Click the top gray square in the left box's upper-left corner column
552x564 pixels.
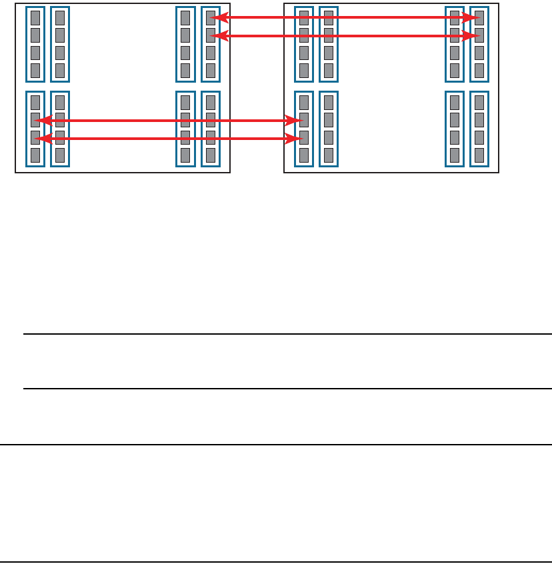point(35,18)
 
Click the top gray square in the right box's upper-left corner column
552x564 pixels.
point(304,18)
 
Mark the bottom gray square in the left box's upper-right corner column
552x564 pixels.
point(211,70)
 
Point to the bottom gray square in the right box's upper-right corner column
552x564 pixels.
point(479,70)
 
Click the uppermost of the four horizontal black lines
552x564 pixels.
point(287,334)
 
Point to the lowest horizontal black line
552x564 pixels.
point(276,561)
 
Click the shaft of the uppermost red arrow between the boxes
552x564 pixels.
point(257,18)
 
